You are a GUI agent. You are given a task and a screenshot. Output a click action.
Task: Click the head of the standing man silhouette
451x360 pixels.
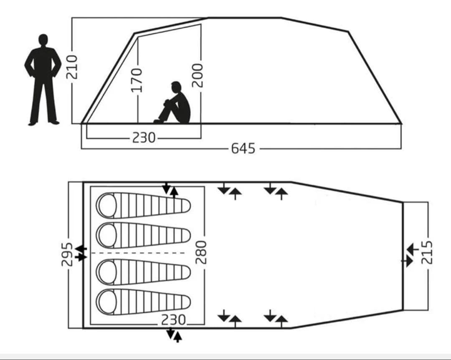coord(43,40)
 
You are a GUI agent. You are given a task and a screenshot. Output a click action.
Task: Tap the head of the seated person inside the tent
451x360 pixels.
coord(176,87)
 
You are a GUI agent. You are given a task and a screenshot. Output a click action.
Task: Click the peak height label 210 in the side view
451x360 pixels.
coord(72,67)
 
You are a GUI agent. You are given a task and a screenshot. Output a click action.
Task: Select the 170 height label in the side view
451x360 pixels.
coord(137,80)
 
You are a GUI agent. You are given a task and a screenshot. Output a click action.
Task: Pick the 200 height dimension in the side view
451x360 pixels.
coord(197,76)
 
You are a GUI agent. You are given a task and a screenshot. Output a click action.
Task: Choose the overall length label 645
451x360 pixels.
coord(243,149)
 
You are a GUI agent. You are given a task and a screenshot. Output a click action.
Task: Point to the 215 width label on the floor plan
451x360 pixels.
coord(427,252)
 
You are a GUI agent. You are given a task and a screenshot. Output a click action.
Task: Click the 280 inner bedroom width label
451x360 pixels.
coord(201,252)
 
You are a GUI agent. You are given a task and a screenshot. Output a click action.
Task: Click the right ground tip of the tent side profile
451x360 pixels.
coord(401,124)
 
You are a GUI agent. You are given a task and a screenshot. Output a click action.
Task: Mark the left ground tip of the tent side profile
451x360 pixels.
coord(82,124)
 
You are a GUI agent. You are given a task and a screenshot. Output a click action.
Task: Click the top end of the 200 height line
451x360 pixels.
coord(201,24)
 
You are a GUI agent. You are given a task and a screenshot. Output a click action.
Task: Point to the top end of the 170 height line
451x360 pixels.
coord(138,37)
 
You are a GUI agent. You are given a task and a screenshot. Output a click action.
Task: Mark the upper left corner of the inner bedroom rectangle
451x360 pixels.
coord(91,187)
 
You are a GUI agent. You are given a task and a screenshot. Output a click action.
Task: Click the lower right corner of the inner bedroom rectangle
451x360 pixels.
coord(205,325)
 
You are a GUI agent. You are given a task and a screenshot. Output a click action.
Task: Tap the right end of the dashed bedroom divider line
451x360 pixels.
coord(185,253)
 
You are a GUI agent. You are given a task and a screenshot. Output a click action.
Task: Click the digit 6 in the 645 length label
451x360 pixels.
coord(235,149)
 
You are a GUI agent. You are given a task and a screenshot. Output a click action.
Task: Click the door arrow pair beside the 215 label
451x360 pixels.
coord(410,255)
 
